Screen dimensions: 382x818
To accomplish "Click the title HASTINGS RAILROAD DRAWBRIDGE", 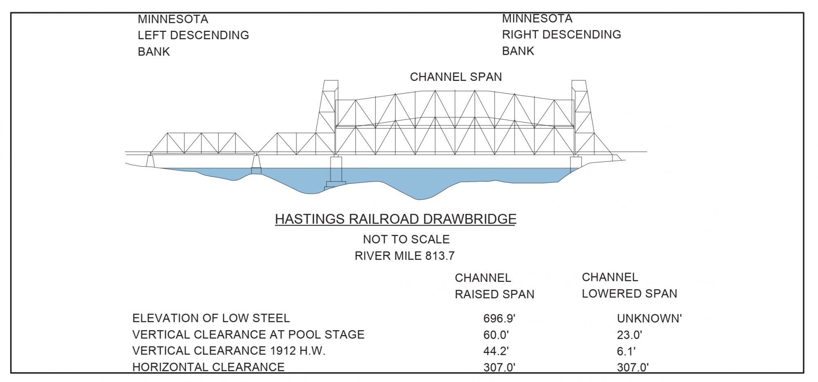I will [395, 219].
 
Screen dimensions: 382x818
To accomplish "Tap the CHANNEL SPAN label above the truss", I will [456, 77].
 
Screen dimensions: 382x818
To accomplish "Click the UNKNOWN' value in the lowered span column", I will [649, 318].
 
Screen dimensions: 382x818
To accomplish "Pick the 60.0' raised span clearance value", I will [496, 335].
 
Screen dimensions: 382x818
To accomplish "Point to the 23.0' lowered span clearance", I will [629, 335].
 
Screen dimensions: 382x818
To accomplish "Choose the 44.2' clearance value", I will [496, 351].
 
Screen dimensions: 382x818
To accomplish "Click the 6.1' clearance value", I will [626, 351].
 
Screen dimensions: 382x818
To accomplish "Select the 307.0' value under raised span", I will [499, 367].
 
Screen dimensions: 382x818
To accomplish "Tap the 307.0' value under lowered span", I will [633, 367].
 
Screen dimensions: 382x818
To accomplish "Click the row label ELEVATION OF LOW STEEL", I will [211, 318].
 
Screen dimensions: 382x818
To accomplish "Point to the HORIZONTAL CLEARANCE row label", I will [208, 367].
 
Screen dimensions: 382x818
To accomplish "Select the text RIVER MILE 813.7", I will [404, 256].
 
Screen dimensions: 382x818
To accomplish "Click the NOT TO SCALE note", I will [406, 239].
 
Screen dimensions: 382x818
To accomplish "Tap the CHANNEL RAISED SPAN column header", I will [494, 286].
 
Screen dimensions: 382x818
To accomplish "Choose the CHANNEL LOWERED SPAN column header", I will [629, 285].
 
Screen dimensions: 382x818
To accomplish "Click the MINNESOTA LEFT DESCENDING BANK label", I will [193, 35].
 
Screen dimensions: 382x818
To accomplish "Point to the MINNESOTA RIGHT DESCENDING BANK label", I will [561, 34].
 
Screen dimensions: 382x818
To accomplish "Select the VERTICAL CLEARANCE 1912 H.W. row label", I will [229, 351].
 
